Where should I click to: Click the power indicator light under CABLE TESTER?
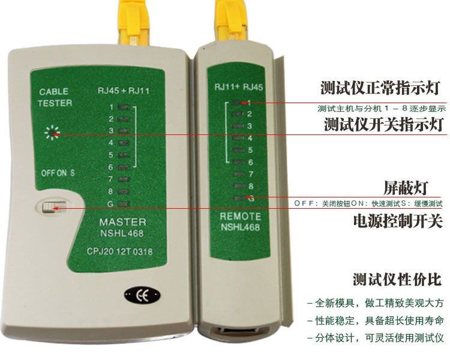click(53, 133)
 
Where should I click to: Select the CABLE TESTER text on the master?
click(55, 97)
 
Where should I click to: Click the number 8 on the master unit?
click(110, 191)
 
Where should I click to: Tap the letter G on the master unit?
click(110, 203)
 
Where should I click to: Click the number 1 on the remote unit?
click(248, 102)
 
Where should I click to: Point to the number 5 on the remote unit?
click(248, 150)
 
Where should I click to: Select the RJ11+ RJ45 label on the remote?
click(239, 87)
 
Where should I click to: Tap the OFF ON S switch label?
click(58, 172)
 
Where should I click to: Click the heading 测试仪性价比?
click(397, 280)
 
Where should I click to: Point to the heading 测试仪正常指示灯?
click(381, 89)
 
